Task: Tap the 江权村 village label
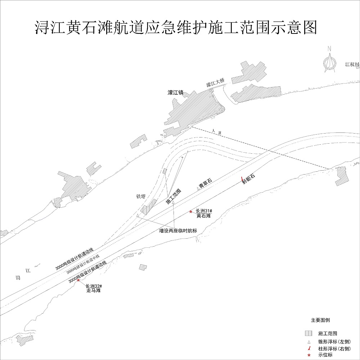tap(352, 65)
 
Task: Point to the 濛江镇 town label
tap(175, 93)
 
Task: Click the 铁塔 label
tap(141, 197)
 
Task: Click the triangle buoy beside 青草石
tap(198, 188)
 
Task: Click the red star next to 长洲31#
tap(191, 212)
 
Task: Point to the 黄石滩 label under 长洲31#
tap(203, 216)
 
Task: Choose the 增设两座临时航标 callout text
tap(179, 230)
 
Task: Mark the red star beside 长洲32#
tap(78, 280)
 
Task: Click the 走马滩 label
tap(94, 290)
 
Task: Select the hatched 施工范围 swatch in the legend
tap(309, 333)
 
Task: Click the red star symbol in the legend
tap(309, 355)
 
